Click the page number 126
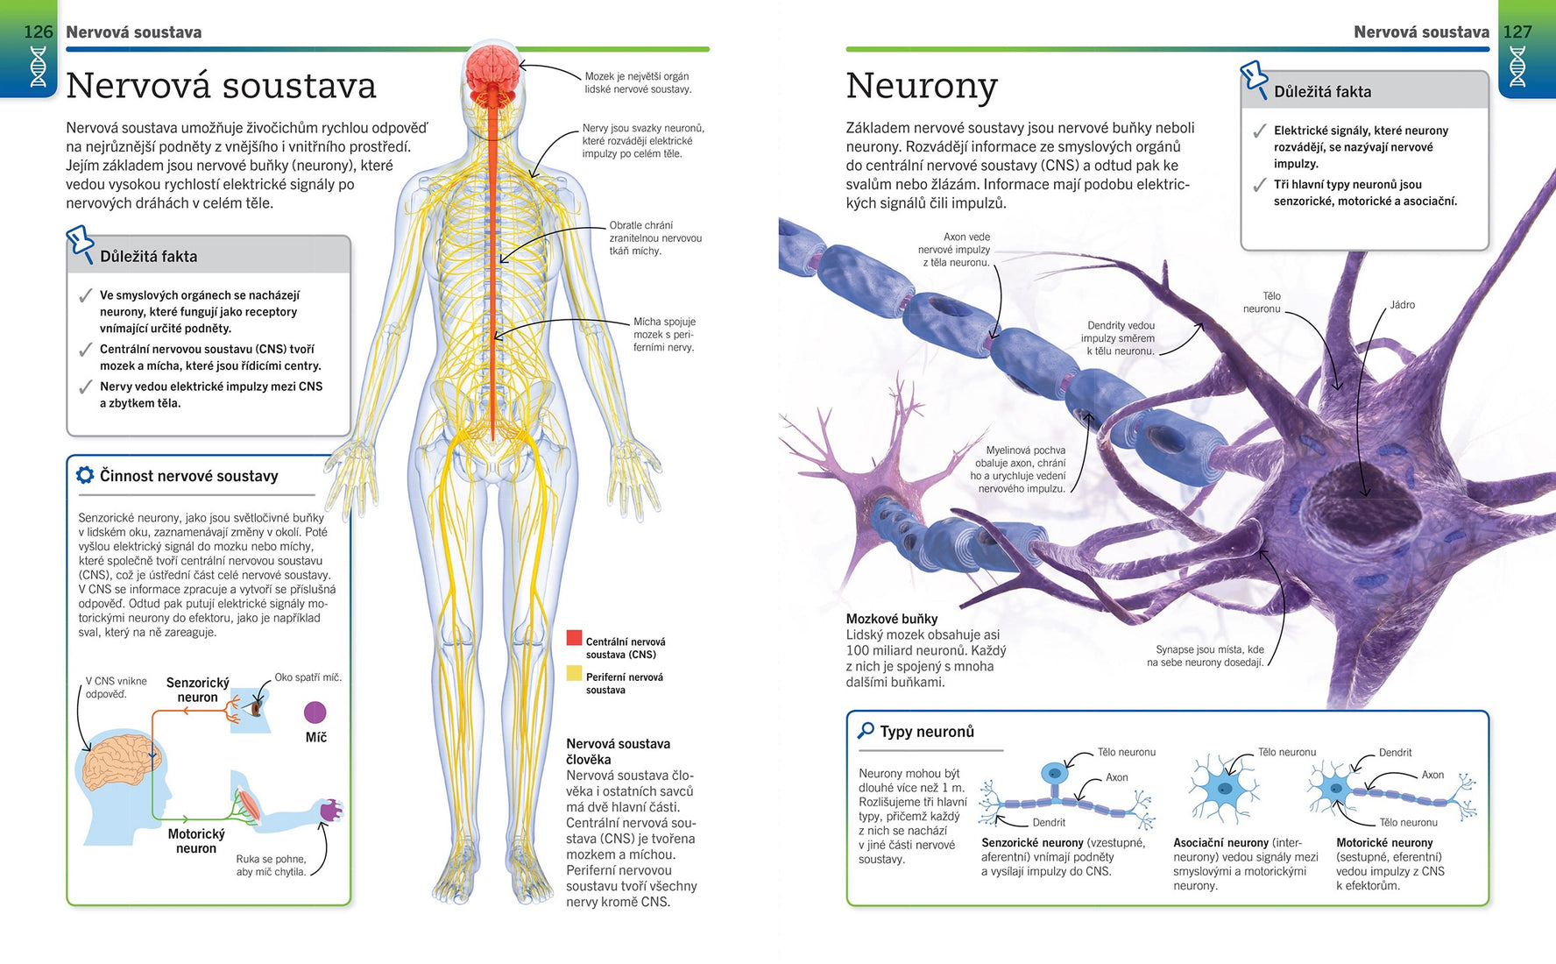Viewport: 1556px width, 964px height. pyautogui.click(x=38, y=32)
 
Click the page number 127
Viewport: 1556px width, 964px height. pyautogui.click(x=1517, y=32)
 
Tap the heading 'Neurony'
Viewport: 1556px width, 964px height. pyautogui.click(x=922, y=86)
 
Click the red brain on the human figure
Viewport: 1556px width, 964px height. pyautogui.click(x=493, y=70)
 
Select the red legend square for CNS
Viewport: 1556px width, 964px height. pyautogui.click(x=574, y=638)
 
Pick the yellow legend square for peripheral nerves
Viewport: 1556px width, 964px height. pyautogui.click(x=574, y=673)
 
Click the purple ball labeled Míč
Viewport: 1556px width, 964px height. pyautogui.click(x=315, y=712)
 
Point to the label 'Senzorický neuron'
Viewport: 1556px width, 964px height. pyautogui.click(x=198, y=690)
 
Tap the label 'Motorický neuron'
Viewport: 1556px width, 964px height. pyautogui.click(x=196, y=841)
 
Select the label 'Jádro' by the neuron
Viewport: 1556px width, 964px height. pyautogui.click(x=1402, y=305)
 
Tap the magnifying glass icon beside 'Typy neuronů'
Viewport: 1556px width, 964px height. pyautogui.click(x=866, y=730)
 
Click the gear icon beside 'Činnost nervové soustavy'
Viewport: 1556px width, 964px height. pyautogui.click(x=85, y=475)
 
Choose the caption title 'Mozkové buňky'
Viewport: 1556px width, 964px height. pyautogui.click(x=892, y=619)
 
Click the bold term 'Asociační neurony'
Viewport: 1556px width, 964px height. pyautogui.click(x=1220, y=843)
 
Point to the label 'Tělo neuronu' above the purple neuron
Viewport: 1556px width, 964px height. pyautogui.click(x=1262, y=302)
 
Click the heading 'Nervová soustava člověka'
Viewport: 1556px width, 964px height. pyautogui.click(x=618, y=751)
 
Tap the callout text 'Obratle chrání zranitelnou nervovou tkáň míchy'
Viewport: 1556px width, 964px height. pyautogui.click(x=655, y=238)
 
